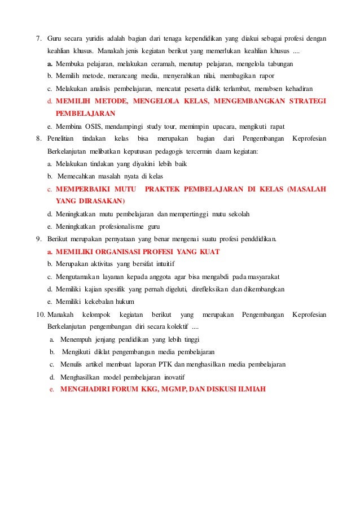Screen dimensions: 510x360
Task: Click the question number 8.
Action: (38, 138)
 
